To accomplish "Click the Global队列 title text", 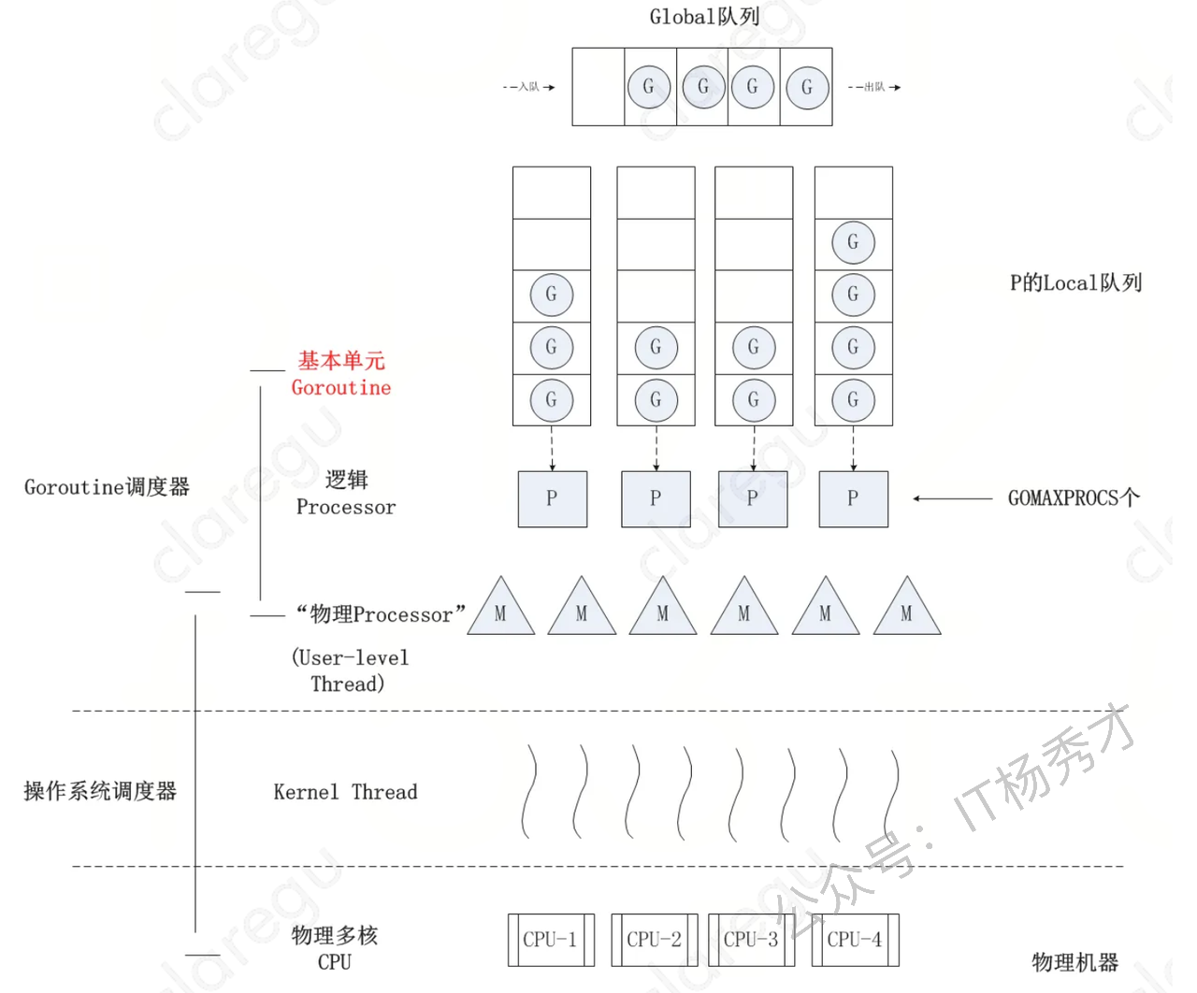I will coord(704,17).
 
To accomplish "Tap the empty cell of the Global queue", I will coord(598,87).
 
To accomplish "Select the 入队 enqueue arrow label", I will coord(529,87).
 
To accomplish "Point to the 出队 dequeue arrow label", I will coord(874,87).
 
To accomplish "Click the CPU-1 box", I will coord(550,940).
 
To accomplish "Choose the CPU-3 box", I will coord(751,940).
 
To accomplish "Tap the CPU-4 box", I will coord(854,940).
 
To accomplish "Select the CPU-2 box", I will coord(654,940).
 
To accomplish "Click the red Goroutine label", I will coord(341,387).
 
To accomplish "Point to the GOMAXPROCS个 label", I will coord(1074,498).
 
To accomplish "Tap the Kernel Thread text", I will coord(345,792).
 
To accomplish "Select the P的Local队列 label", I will coord(1075,282).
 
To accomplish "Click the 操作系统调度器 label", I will coord(100,791).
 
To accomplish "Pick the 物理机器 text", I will coord(1074,962).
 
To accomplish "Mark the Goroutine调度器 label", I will coord(107,487).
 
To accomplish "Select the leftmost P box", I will coord(552,498).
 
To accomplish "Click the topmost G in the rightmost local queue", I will coord(853,242).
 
